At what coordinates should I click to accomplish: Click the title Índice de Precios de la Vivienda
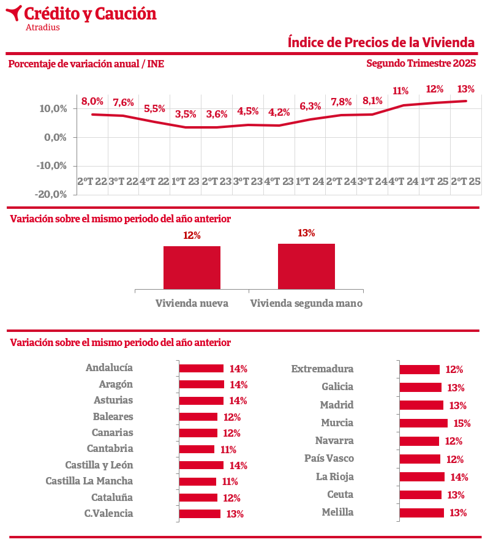tap(381, 42)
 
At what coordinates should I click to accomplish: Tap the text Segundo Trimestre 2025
tap(421, 63)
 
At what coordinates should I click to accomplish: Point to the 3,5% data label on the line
tap(186, 115)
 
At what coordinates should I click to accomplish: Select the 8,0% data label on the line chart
tap(92, 102)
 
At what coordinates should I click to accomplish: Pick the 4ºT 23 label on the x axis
tap(279, 181)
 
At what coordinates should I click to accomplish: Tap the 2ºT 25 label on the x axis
tap(466, 181)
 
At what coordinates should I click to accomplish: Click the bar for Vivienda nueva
tap(192, 267)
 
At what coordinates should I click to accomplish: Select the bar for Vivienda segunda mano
tap(306, 266)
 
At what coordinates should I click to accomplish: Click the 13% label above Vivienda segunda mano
tap(306, 233)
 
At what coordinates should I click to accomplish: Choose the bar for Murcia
tap(423, 423)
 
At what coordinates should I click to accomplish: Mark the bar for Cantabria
tap(197, 449)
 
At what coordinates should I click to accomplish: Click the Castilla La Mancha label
tap(89, 481)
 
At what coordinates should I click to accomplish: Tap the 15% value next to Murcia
tap(462, 423)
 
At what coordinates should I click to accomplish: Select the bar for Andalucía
tap(201, 369)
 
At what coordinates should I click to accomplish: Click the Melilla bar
tap(421, 513)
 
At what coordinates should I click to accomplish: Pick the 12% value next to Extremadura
tap(454, 370)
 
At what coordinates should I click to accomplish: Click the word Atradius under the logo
tap(43, 27)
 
